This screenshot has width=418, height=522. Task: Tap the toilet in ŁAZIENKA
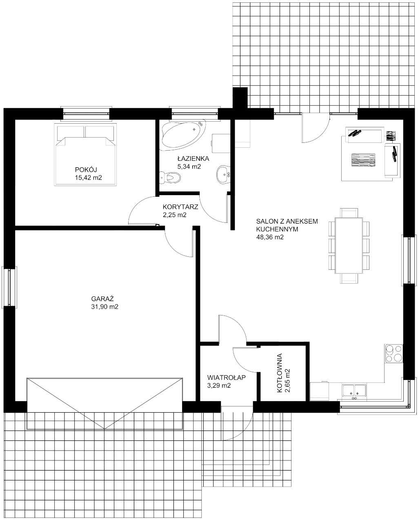pos(170,178)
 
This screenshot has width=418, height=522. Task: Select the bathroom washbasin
pos(223,174)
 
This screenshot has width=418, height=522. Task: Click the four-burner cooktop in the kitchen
pos(393,353)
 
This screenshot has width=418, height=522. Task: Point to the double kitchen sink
pos(354,390)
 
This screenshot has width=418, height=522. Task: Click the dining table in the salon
pos(349,245)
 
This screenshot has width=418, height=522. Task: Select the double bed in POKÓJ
pos(85,155)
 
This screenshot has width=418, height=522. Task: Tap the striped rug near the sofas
pos(363,160)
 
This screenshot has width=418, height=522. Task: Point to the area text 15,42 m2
pos(88,178)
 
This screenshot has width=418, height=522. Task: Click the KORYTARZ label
pos(180,207)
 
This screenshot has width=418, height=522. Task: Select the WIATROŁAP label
pos(226,378)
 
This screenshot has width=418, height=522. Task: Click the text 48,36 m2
pos(270,237)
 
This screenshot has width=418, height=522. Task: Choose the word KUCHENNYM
pos(277,229)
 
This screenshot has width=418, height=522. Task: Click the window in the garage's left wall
pos(9,287)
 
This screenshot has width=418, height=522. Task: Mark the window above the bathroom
pos(195,113)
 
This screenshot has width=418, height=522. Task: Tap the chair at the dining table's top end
pos(349,213)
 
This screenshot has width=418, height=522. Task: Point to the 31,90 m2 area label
pos(104,307)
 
